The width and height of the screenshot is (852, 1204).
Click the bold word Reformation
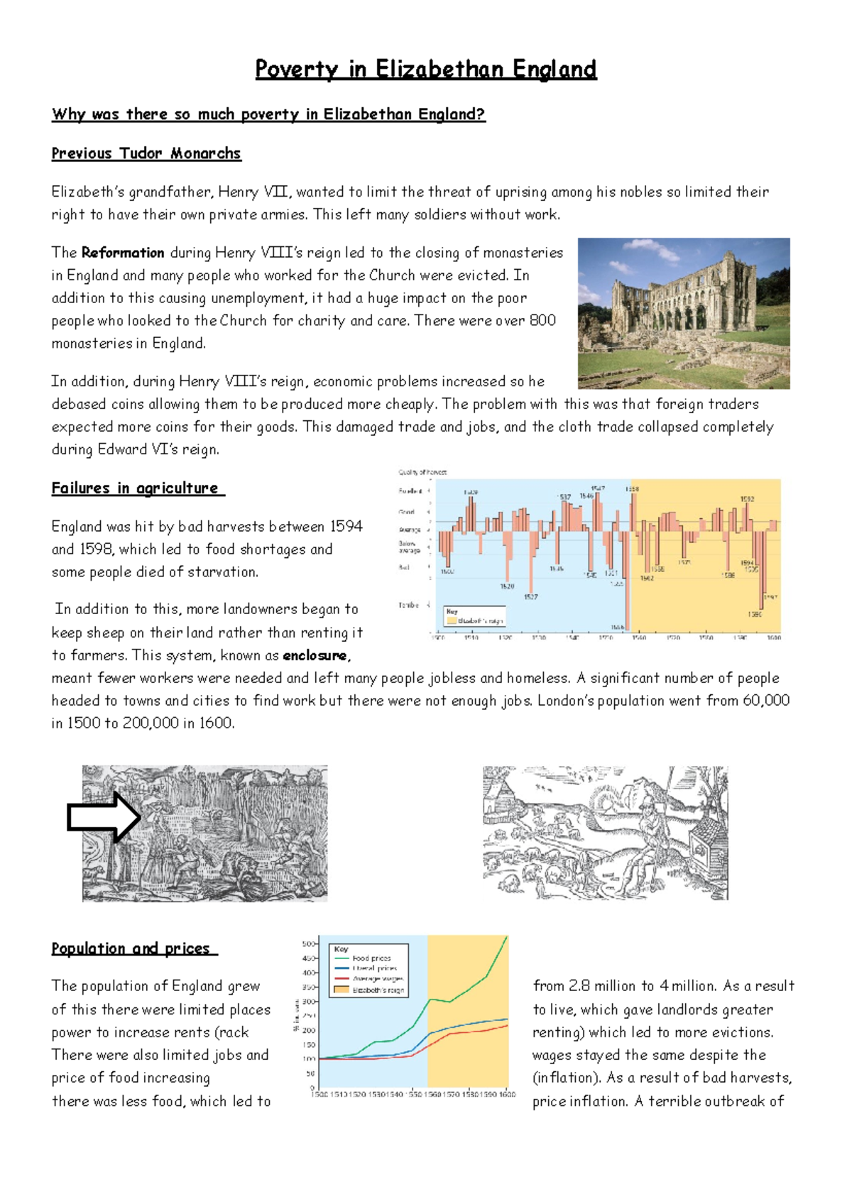point(123,253)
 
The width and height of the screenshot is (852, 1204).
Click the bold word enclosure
point(315,655)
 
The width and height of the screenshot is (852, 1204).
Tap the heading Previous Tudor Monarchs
point(146,153)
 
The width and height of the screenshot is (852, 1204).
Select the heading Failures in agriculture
point(137,488)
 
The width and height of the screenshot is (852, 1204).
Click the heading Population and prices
point(133,948)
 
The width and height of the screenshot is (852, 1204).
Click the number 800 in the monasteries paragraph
point(542,320)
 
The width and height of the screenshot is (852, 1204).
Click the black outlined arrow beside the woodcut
point(104,817)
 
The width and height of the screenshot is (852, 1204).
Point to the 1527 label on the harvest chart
point(531,597)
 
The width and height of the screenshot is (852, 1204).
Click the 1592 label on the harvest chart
point(747,499)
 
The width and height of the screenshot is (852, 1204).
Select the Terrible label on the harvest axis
point(408,605)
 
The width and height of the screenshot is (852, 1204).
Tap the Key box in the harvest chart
point(474,615)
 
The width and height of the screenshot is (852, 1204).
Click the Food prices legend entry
point(371,958)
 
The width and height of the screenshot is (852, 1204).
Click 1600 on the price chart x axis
point(507,1094)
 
